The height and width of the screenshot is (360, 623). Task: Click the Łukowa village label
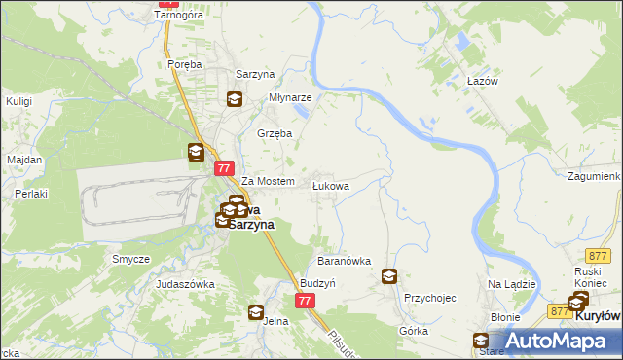[x=330, y=184]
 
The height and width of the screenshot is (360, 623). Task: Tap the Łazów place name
[x=482, y=81]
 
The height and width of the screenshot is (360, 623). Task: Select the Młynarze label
[x=290, y=97]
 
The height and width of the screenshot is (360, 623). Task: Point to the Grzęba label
[x=274, y=133]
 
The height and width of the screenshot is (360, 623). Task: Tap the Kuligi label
[x=19, y=101]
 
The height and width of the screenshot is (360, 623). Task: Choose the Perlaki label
[x=31, y=194]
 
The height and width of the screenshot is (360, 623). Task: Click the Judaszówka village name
[x=185, y=284]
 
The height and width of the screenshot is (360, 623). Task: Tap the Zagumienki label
[x=592, y=178]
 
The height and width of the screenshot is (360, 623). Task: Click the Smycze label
[x=130, y=259]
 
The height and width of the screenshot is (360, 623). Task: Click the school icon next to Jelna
[x=255, y=312]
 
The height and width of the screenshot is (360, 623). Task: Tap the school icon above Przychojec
[x=389, y=276]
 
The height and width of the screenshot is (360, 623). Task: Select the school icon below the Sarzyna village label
[x=235, y=97]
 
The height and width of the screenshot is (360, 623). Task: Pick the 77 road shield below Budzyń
[x=306, y=302]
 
